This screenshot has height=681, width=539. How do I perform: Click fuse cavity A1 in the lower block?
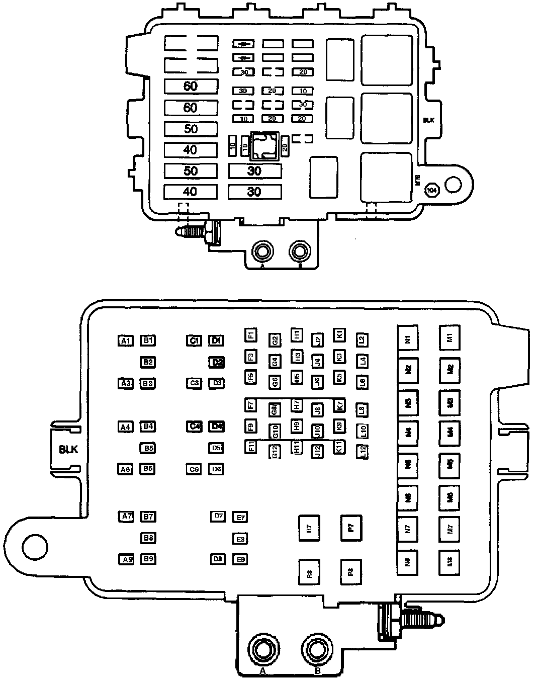point(126,341)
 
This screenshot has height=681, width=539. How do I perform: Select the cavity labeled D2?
point(217,362)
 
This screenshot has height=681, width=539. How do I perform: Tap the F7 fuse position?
point(250,404)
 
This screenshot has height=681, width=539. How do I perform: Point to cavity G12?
point(275,451)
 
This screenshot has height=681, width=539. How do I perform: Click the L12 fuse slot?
point(363,451)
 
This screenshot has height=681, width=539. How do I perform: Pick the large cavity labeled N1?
point(408,339)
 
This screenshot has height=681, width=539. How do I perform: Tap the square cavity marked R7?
point(309,528)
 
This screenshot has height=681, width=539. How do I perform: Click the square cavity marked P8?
point(351,572)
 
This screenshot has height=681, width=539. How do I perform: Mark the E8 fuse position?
point(240,539)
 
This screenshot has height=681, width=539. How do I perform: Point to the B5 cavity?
point(147,448)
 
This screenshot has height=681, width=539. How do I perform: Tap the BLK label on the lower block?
point(68,450)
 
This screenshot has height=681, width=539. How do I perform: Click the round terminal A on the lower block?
point(262,650)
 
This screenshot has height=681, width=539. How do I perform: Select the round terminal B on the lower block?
point(317,650)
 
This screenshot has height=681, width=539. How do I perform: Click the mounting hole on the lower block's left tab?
point(34,545)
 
